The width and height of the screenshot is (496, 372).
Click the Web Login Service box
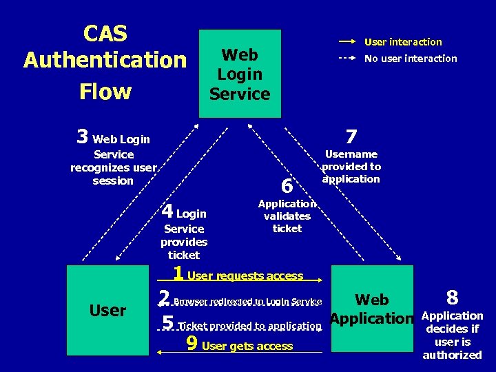pyautogui.click(x=240, y=74)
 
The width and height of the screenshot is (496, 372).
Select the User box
pyautogui.click(x=108, y=310)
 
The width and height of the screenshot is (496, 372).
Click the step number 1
pyautogui.click(x=178, y=273)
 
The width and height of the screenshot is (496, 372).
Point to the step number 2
pyautogui.click(x=164, y=298)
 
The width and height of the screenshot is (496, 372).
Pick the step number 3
pyautogui.click(x=83, y=137)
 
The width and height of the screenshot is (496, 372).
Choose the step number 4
pyautogui.click(x=167, y=211)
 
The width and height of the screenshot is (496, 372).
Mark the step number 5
pyautogui.click(x=167, y=323)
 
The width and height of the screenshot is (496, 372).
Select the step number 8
pyautogui.click(x=452, y=298)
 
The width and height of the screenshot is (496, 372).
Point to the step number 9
pyautogui.click(x=193, y=344)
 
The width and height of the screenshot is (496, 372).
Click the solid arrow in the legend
pyautogui.click(x=348, y=41)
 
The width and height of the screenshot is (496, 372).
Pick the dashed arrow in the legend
pyautogui.click(x=348, y=59)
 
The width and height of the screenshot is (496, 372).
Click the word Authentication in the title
pyautogui.click(x=105, y=60)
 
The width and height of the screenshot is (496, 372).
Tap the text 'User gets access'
pyautogui.click(x=247, y=346)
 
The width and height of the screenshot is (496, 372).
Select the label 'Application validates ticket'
pyautogui.click(x=287, y=216)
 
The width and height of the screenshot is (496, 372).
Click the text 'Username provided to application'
pyautogui.click(x=351, y=167)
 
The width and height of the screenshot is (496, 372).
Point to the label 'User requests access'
pyautogui.click(x=245, y=276)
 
